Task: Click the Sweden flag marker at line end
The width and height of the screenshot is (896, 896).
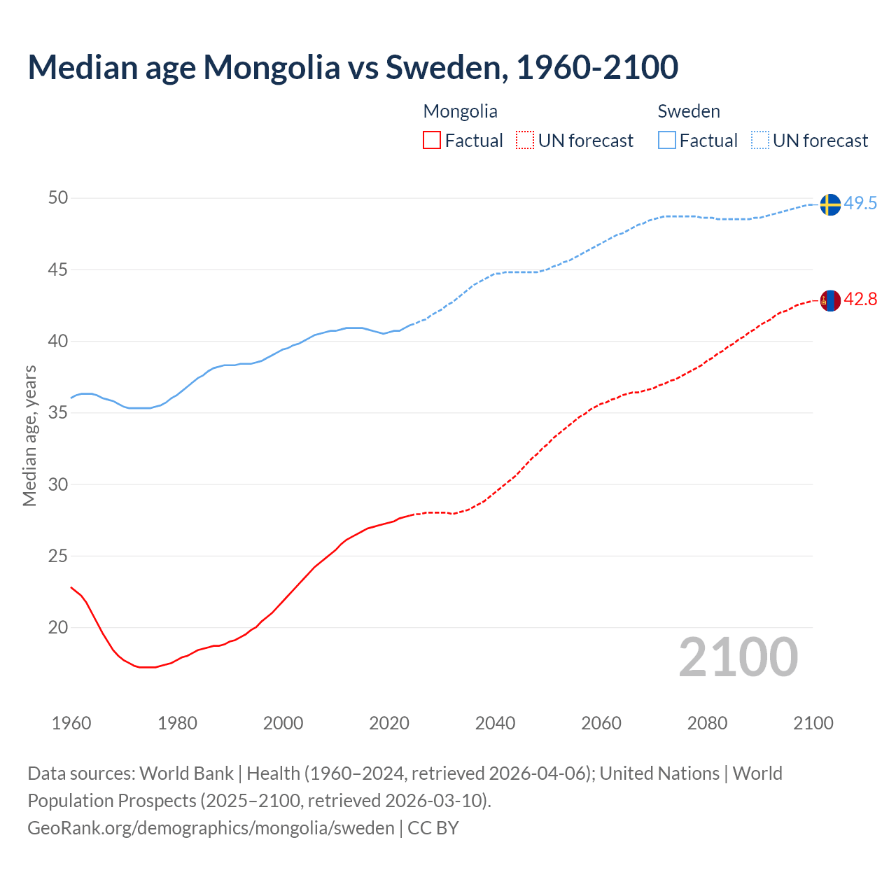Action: click(829, 204)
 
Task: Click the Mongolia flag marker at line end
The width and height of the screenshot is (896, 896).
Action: click(829, 300)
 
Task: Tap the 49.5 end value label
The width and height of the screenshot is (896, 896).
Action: click(860, 204)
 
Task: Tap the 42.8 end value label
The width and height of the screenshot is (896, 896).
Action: click(860, 300)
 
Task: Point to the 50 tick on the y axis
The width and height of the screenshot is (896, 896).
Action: click(58, 198)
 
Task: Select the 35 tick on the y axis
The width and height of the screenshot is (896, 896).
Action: click(58, 413)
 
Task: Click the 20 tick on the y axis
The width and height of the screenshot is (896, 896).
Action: click(58, 628)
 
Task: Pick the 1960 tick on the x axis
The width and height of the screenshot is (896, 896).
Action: click(71, 723)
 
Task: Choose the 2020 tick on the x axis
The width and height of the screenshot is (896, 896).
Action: click(389, 723)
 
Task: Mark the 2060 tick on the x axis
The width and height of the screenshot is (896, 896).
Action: click(601, 723)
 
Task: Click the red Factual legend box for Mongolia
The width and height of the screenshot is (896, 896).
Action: click(432, 141)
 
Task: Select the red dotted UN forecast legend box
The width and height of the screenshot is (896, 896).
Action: click(525, 141)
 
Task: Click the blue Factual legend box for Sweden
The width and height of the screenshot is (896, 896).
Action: click(667, 141)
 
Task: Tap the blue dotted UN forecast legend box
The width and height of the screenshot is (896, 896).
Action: click(759, 141)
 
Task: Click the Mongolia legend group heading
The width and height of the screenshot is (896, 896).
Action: click(460, 111)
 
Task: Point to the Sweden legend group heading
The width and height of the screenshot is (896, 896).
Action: click(689, 111)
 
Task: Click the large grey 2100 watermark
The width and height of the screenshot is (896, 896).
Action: click(738, 657)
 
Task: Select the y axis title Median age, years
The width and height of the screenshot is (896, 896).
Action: click(29, 435)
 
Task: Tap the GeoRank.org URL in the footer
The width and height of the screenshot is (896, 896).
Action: click(211, 828)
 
